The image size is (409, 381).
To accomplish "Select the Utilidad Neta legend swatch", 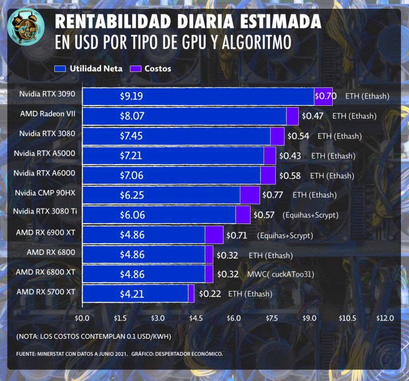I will point(60,69).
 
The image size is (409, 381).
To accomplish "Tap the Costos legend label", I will point(158,69).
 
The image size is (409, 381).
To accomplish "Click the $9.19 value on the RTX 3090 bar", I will point(131,96).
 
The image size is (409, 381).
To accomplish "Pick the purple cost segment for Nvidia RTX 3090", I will point(323,96).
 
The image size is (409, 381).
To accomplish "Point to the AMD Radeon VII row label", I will point(48,114).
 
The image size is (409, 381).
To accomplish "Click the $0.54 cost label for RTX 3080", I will point(298,136).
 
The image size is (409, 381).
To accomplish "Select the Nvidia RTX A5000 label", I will point(44,153).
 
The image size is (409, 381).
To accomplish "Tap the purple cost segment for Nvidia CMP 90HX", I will point(250,195).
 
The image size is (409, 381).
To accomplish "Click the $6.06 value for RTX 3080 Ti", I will point(132,215).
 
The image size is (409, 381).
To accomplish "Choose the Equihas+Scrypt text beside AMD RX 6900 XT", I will point(285,235).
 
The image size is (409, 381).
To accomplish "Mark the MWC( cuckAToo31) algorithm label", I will point(280,274).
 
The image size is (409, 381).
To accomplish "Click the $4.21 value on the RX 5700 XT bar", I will point(132,294).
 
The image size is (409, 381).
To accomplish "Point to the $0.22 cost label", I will point(210,294).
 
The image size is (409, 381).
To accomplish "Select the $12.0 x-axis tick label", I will point(385,318).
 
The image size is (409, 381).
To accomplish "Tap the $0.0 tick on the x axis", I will point(82,318).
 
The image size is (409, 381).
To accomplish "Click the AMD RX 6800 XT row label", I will point(46,272).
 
